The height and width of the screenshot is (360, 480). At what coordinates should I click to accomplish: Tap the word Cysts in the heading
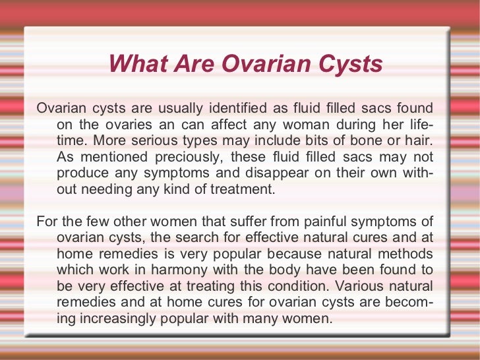[x=348, y=64]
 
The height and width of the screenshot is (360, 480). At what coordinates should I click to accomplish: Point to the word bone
[x=363, y=141]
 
